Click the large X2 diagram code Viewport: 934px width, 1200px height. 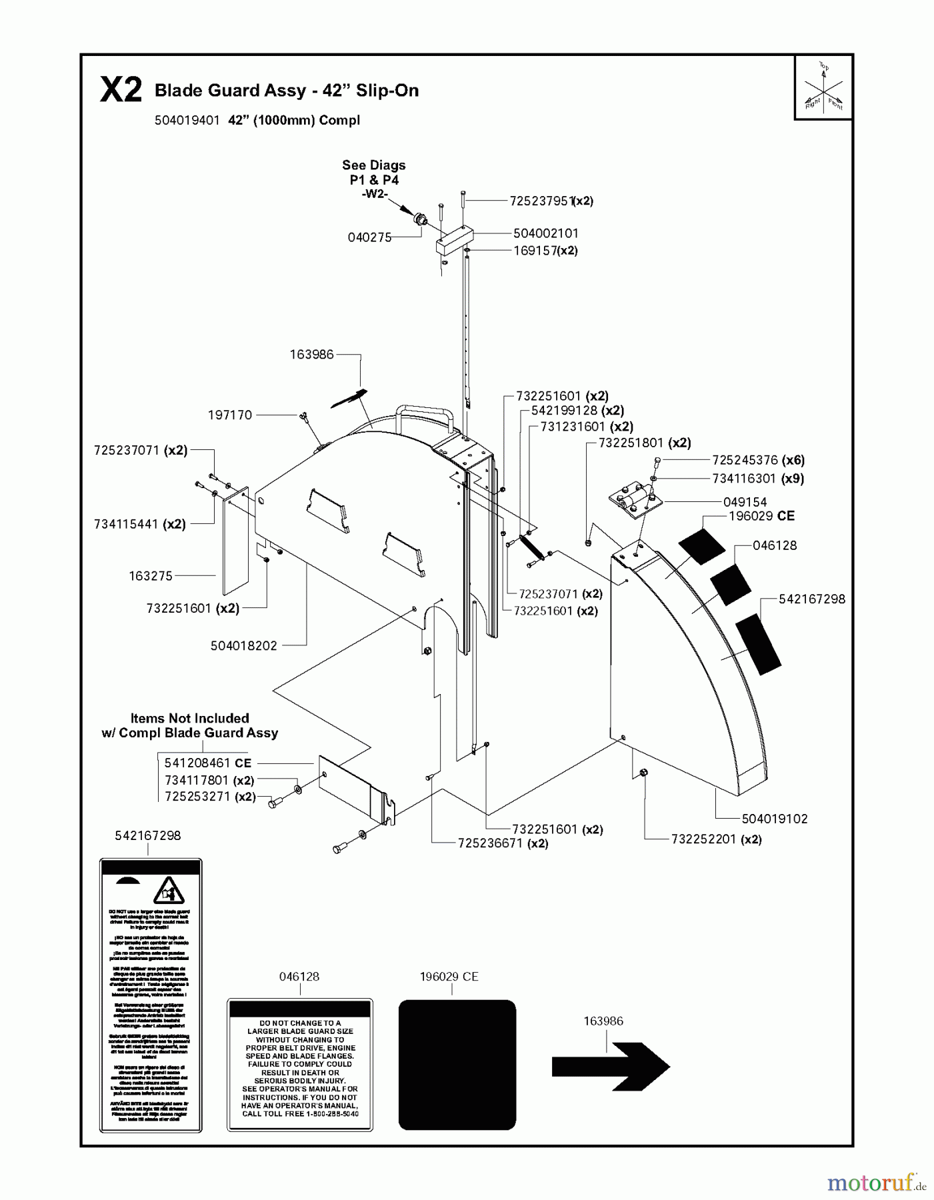(121, 90)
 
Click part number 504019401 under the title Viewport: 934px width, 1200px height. (187, 121)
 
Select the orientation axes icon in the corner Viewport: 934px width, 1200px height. (823, 87)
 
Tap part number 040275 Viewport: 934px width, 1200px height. (369, 237)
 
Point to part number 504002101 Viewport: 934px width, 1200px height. (545, 233)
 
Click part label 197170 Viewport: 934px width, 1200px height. (230, 415)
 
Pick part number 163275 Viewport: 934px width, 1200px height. (151, 575)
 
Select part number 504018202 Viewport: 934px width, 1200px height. (243, 645)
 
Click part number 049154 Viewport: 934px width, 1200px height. (745, 502)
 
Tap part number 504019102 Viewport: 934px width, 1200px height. (774, 819)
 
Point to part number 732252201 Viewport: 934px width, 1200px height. (705, 839)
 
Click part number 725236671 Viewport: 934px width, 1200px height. (491, 843)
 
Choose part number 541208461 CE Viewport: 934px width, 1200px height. (207, 763)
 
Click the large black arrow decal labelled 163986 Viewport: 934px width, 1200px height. (610, 1067)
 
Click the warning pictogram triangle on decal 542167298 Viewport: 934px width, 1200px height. (168, 891)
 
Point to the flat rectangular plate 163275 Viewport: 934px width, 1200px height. (235, 541)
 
